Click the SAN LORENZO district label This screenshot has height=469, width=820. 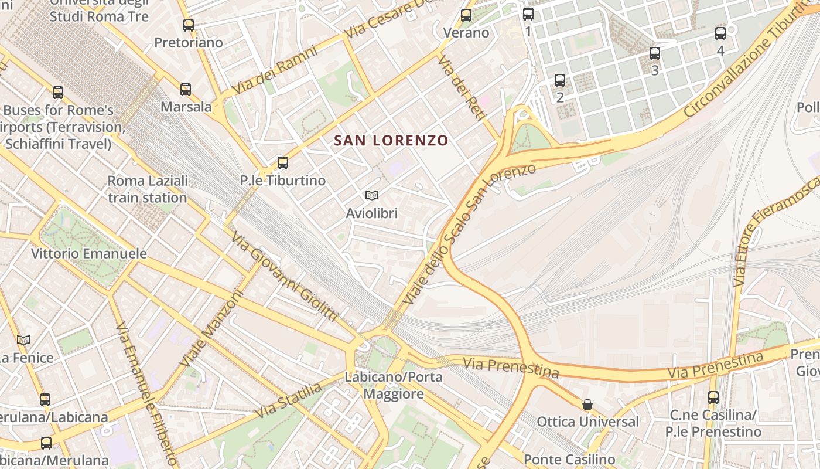391,141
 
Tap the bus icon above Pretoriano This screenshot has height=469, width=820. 188,25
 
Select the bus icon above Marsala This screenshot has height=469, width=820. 186,90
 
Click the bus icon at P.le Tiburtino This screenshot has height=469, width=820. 283,163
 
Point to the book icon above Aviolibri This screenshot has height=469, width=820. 371,195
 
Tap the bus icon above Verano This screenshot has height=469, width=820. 466,15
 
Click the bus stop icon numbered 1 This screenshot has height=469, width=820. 528,14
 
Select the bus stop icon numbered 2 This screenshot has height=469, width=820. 560,80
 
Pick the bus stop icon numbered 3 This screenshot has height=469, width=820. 655,53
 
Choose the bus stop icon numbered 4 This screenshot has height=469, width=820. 720,33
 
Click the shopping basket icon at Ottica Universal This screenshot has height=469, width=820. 587,405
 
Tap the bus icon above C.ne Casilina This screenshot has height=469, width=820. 713,397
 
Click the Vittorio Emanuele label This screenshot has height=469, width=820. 89,254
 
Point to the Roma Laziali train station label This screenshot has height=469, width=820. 148,189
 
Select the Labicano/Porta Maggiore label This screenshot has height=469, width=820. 394,385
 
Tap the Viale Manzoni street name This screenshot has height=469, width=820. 211,329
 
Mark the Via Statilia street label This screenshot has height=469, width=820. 288,401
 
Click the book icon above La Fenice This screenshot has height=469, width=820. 23,340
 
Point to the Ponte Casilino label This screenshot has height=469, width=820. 569,460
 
